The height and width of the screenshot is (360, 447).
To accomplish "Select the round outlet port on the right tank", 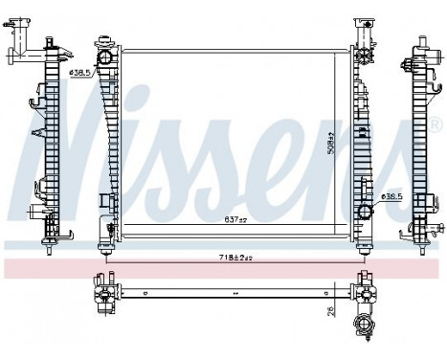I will [364, 212].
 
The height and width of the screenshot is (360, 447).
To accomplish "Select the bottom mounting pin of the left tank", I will [103, 252].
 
